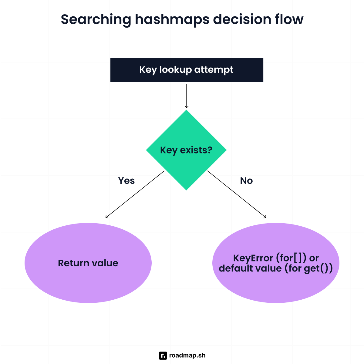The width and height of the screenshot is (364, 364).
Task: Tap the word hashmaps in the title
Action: click(172, 19)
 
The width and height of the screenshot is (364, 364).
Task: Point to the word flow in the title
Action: click(289, 19)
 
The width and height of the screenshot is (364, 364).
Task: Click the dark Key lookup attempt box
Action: click(187, 70)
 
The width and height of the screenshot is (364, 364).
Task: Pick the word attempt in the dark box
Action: click(214, 70)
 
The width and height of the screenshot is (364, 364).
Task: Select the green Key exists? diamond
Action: click(186, 150)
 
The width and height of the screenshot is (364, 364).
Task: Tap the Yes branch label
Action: click(126, 181)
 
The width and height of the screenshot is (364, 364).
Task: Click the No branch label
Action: click(246, 181)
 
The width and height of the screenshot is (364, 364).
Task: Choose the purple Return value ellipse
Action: click(88, 263)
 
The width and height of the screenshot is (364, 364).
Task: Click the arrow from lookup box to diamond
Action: click(187, 96)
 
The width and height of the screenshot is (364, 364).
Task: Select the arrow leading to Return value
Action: click(135, 194)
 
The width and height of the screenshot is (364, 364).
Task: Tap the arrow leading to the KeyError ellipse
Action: click(237, 194)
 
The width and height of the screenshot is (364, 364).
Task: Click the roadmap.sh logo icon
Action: click(163, 356)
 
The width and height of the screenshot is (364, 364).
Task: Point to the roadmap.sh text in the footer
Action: click(187, 356)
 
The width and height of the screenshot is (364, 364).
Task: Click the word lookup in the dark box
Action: click(176, 70)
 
